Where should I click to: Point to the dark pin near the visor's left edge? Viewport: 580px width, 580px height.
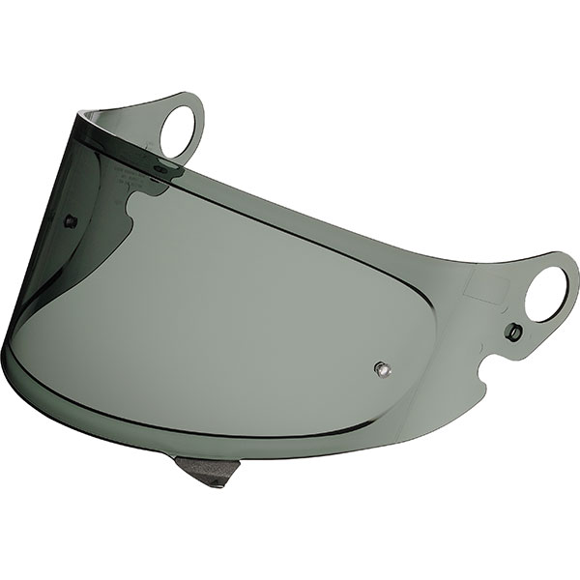pyautogui.click(x=70, y=221)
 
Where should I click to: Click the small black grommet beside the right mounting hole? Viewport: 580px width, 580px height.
pyautogui.click(x=515, y=333)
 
